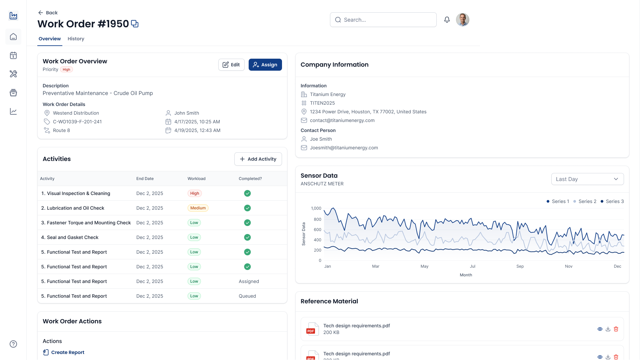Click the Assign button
pyautogui.click(x=265, y=65)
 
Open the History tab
pyautogui.click(x=76, y=39)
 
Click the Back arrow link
pyautogui.click(x=48, y=13)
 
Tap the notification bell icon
pyautogui.click(x=447, y=20)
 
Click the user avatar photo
pyautogui.click(x=462, y=20)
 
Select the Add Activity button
pyautogui.click(x=258, y=159)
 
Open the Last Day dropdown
pyautogui.click(x=587, y=179)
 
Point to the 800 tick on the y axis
pyautogui.click(x=317, y=219)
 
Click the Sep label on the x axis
pyautogui.click(x=520, y=266)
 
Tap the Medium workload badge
pyautogui.click(x=198, y=208)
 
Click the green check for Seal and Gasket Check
pyautogui.click(x=247, y=237)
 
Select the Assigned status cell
pyautogui.click(x=249, y=281)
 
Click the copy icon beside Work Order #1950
pyautogui.click(x=135, y=24)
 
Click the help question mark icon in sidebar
pyautogui.click(x=13, y=344)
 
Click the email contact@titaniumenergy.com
pyautogui.click(x=342, y=120)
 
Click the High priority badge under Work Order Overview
pyautogui.click(x=66, y=70)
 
